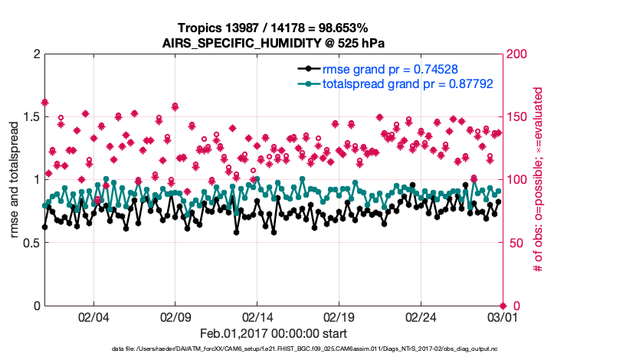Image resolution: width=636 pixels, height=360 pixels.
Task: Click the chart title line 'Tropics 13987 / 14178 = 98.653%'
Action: [x=274, y=28]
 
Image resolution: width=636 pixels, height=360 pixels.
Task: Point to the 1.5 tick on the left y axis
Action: [x=30, y=116]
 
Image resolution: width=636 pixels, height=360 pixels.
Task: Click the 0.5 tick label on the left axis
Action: [x=30, y=243]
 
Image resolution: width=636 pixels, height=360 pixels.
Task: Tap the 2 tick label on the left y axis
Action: [x=36, y=54]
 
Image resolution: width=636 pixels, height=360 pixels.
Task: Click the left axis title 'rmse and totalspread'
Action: [x=14, y=180]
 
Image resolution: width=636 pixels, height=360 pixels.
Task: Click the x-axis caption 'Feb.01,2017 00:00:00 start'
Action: [x=274, y=334]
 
